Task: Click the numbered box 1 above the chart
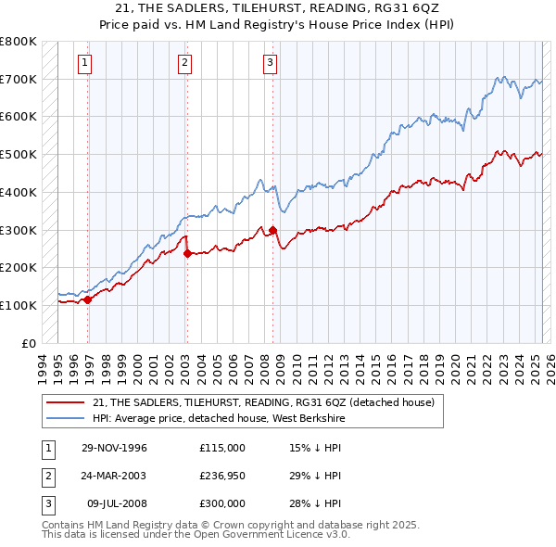click(x=84, y=63)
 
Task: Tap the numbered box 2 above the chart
click(x=184, y=63)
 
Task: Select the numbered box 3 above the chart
click(x=269, y=63)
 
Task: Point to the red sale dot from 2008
click(x=272, y=229)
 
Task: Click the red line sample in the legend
click(x=65, y=401)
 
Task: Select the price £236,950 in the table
click(x=222, y=476)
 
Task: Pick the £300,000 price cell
click(x=222, y=503)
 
